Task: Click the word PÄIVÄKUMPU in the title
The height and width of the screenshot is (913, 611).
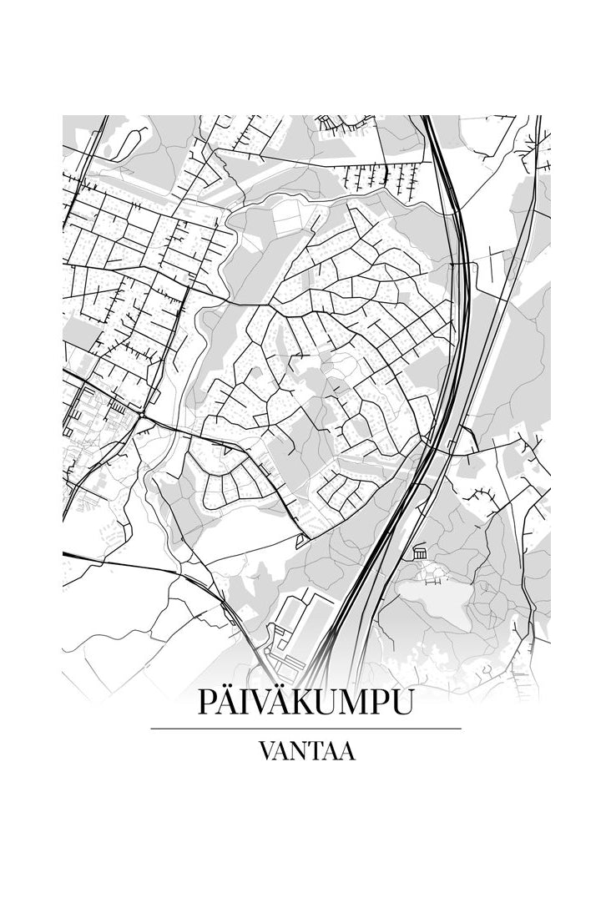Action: (x=305, y=703)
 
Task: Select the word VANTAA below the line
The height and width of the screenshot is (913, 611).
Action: (x=306, y=751)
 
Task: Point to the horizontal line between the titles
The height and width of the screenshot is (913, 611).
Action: (x=305, y=729)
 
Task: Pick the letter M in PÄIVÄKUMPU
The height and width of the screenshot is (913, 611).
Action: (x=350, y=703)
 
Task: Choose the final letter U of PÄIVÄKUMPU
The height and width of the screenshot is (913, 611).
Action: (x=401, y=703)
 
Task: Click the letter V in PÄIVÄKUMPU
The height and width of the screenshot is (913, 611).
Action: (x=261, y=703)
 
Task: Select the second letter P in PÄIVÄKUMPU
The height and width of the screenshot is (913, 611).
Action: (x=377, y=703)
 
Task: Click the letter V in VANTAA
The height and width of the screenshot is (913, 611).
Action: (x=267, y=751)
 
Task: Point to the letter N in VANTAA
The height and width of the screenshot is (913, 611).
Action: (x=302, y=751)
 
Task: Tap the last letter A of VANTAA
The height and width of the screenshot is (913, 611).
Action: (x=347, y=751)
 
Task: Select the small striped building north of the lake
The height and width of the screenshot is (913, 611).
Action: (x=419, y=552)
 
